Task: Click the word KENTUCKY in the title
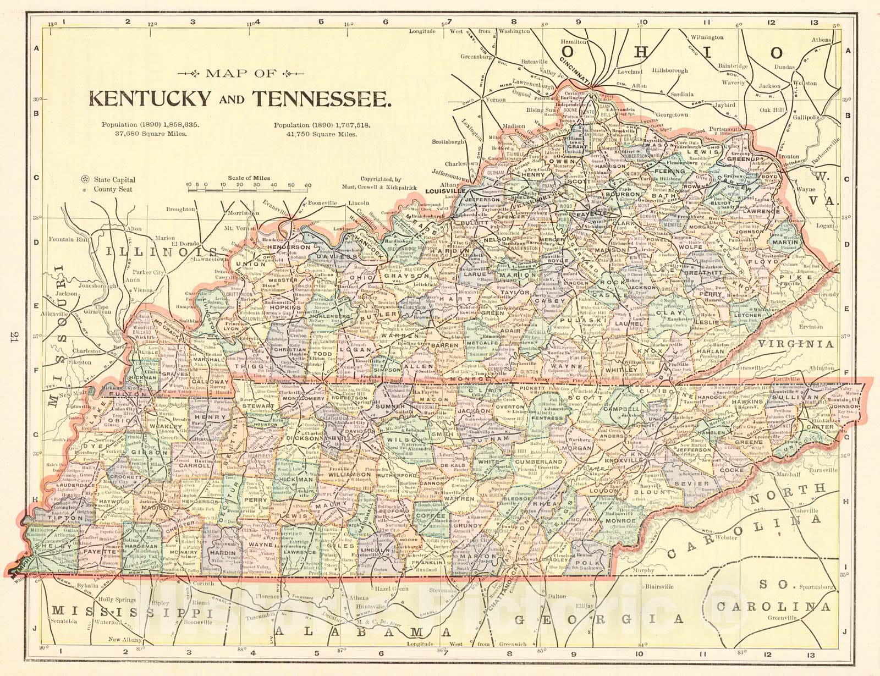150,98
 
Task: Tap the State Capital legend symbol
85,179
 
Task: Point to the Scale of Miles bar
249,189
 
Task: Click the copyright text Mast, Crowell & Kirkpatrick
388,188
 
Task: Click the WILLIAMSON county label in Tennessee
350,474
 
